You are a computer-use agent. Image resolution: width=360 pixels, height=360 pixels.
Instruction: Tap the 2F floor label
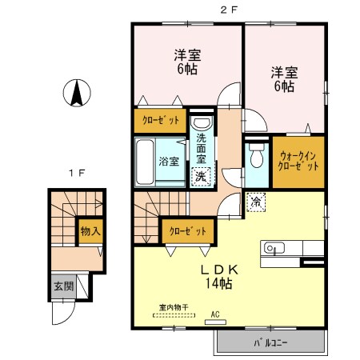click(228, 9)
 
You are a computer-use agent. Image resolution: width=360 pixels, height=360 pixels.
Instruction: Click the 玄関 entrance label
click(62, 286)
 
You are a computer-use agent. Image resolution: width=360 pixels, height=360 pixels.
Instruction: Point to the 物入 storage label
click(90, 231)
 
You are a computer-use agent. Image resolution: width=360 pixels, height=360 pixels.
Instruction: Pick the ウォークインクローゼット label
click(299, 160)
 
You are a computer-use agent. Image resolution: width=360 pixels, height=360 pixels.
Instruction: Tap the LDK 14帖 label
click(216, 276)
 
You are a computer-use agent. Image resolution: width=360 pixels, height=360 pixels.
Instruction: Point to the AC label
click(214, 314)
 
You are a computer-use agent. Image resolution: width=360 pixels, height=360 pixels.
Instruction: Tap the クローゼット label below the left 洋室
click(160, 120)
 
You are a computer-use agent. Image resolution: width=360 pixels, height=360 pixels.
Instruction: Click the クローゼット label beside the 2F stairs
click(187, 230)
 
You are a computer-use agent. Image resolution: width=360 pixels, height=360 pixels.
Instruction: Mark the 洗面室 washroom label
click(201, 150)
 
